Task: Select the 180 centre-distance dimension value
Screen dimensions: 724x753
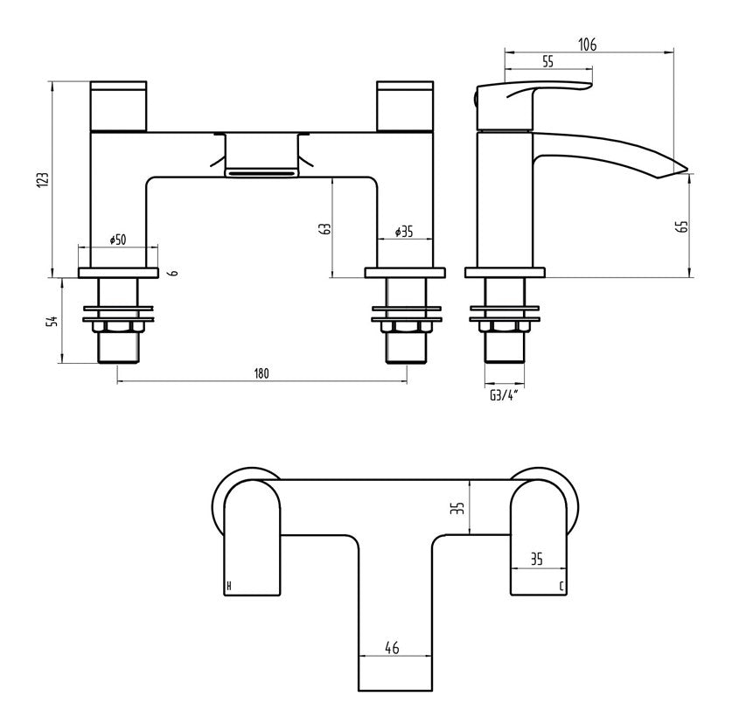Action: [x=261, y=373]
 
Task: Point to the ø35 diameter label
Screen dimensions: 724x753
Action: [x=403, y=232]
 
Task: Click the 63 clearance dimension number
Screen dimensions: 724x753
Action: [x=324, y=229]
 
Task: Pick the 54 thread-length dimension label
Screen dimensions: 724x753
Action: [x=52, y=320]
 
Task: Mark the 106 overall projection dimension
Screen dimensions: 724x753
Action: [x=587, y=45]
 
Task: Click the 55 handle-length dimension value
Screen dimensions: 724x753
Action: [x=549, y=61]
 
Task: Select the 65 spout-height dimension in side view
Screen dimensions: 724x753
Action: [x=683, y=226]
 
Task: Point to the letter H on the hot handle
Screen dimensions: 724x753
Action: [x=229, y=585]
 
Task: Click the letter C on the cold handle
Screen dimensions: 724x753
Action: [x=561, y=585]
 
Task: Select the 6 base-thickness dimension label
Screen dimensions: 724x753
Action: [x=175, y=273]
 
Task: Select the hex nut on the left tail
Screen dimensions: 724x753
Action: [x=118, y=327]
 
